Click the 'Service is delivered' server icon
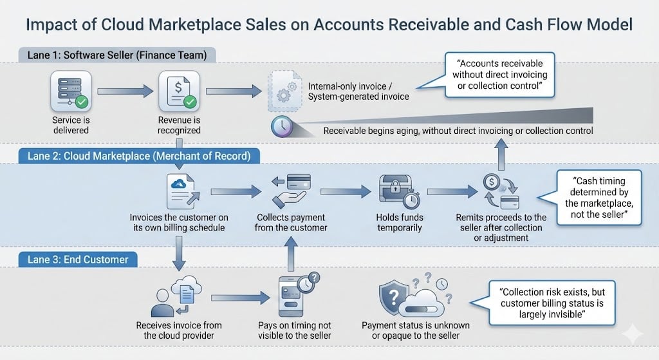[x=71, y=91]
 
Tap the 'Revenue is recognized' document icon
[x=179, y=91]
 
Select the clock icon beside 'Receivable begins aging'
[x=282, y=126]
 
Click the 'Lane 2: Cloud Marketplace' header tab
[x=139, y=156]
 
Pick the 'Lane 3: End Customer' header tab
[x=78, y=260]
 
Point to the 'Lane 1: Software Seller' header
[x=117, y=55]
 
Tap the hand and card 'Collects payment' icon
[x=291, y=190]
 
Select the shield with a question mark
[x=394, y=298]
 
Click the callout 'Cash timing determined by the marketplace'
[x=599, y=198]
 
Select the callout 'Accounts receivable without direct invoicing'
[x=499, y=75]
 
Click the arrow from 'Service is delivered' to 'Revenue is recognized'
[x=125, y=91]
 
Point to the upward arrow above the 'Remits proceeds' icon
[x=501, y=155]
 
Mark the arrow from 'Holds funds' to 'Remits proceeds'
[x=452, y=192]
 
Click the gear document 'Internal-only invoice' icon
[x=285, y=91]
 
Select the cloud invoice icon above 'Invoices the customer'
[x=181, y=191]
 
